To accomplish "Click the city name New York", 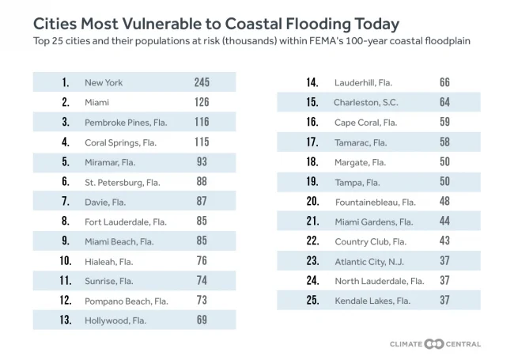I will [x=104, y=82].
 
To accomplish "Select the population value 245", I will [x=202, y=82].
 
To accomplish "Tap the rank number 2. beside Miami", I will [x=66, y=102].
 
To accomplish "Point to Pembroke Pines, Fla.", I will [x=120, y=123].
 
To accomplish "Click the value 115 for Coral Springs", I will [x=202, y=142].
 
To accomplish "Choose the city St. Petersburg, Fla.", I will [x=122, y=182].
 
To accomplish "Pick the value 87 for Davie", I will [x=202, y=202].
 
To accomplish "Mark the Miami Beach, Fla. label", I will [x=119, y=241].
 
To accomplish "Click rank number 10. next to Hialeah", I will [x=66, y=261].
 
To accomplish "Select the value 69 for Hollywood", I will [x=202, y=320].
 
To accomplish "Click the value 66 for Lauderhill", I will [x=444, y=82].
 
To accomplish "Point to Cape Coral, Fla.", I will [x=365, y=123].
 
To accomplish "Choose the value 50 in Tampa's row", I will [x=444, y=182].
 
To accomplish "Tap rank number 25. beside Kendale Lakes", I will [x=312, y=301].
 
